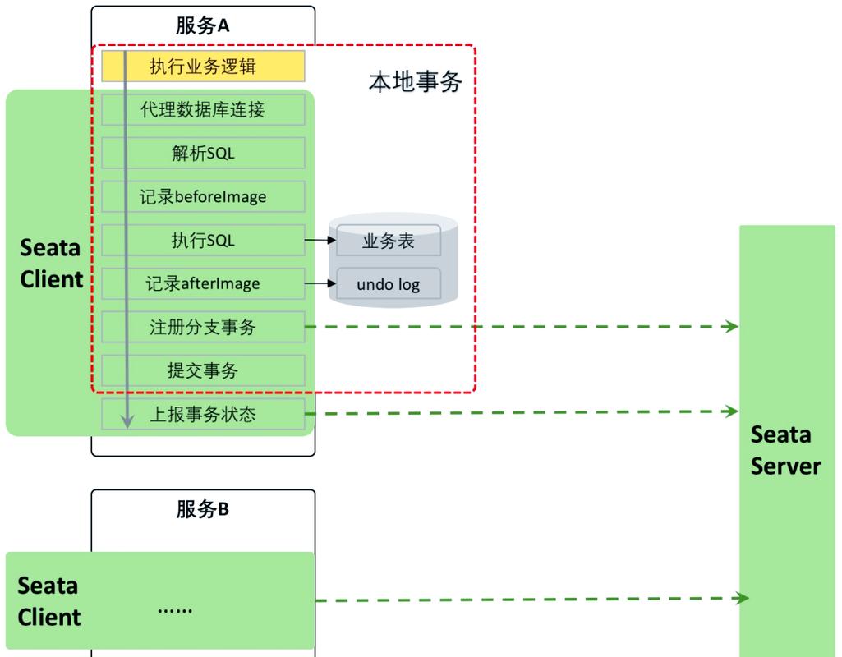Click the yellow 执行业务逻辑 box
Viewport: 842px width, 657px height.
[203, 67]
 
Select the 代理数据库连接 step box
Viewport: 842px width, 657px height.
[203, 109]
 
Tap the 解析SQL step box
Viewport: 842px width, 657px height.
[203, 153]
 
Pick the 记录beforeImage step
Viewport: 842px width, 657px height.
[203, 197]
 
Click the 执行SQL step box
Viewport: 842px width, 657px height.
[203, 240]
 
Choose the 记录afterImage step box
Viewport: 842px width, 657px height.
[203, 283]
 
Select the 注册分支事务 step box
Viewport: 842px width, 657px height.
[203, 327]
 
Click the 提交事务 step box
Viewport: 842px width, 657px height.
[203, 370]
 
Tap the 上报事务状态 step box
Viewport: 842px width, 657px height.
[203, 414]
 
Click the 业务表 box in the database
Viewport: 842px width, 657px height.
[389, 241]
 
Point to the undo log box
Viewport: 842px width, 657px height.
[389, 284]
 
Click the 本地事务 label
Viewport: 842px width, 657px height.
[415, 81]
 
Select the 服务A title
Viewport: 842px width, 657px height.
[202, 25]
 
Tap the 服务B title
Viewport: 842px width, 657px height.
[202, 509]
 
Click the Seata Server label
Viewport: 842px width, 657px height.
[785, 450]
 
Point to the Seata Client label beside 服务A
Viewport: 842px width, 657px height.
[51, 264]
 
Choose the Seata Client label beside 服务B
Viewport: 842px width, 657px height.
[49, 601]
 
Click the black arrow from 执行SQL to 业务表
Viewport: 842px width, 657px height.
[320, 241]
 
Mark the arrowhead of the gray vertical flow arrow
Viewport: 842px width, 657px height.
[127, 422]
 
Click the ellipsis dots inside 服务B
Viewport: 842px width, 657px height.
[175, 609]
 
